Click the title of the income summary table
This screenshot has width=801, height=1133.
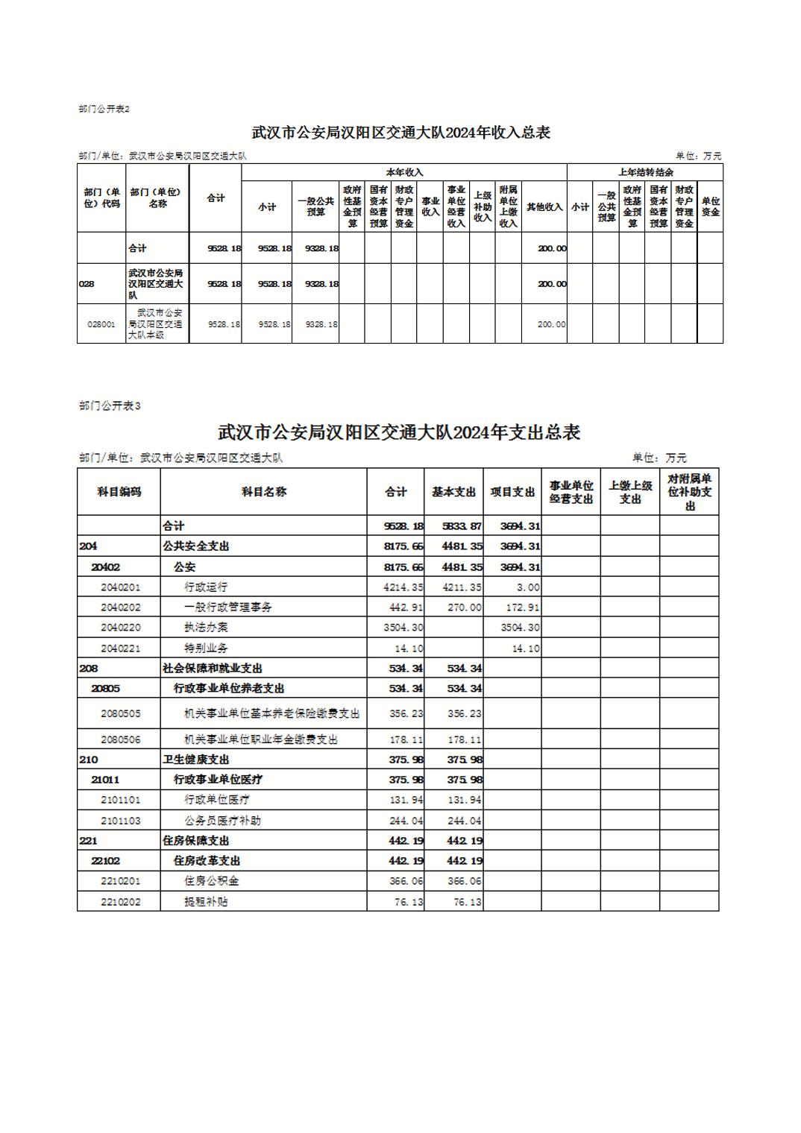click(400, 133)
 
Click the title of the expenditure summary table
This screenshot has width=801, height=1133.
click(399, 432)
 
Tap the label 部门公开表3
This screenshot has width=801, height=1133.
click(110, 405)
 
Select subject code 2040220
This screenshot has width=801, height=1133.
click(121, 628)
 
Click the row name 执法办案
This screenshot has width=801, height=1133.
click(206, 628)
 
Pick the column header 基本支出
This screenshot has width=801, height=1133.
click(453, 492)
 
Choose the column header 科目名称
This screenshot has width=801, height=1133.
click(263, 492)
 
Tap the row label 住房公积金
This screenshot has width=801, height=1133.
click(212, 881)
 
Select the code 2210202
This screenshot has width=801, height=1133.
click(121, 902)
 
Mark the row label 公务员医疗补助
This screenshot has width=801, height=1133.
click(222, 821)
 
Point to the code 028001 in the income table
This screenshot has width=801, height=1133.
click(101, 324)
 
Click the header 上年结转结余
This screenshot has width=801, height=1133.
click(645, 172)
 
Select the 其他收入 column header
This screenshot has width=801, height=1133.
click(544, 207)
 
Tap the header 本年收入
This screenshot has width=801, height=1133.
click(404, 172)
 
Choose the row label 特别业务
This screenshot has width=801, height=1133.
click(206, 648)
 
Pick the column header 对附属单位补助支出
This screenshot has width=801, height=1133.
click(689, 492)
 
